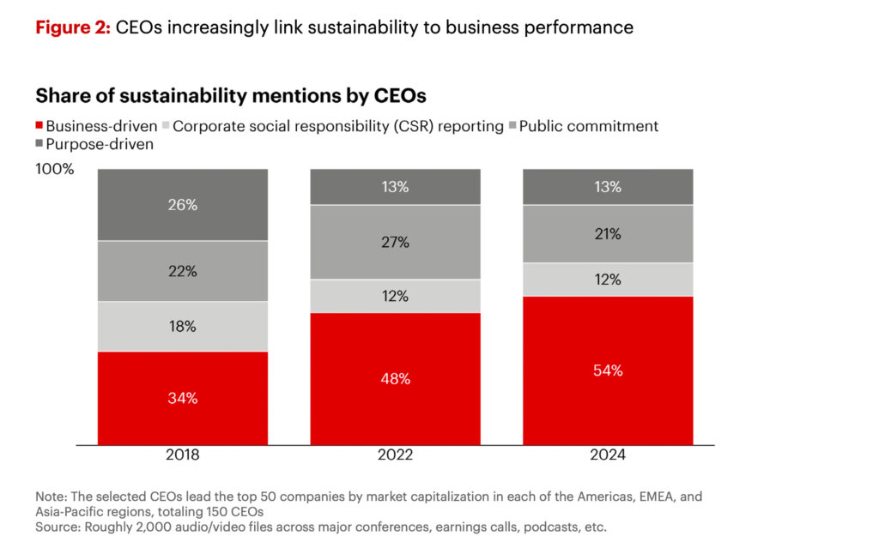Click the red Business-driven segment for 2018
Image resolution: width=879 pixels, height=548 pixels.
182,398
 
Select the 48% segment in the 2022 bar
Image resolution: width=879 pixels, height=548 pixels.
395,378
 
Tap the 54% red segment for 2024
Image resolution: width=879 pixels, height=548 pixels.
608,370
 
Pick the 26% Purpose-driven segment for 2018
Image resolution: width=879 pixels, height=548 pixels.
182,205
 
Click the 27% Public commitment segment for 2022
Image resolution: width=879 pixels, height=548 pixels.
395,242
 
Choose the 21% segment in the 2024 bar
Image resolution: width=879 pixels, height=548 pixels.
608,233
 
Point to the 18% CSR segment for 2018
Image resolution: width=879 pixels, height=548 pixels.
182,326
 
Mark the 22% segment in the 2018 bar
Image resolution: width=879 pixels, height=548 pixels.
182,271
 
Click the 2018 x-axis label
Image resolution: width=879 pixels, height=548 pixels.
182,455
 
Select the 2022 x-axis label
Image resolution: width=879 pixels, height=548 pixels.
395,455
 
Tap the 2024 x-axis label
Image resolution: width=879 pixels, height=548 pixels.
608,455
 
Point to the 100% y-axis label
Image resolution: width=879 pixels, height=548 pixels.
55,169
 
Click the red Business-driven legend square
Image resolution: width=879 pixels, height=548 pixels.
39,126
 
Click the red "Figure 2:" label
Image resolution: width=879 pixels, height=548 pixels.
72,27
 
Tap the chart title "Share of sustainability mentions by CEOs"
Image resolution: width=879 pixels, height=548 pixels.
230,94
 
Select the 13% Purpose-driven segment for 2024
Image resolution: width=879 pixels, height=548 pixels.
608,187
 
